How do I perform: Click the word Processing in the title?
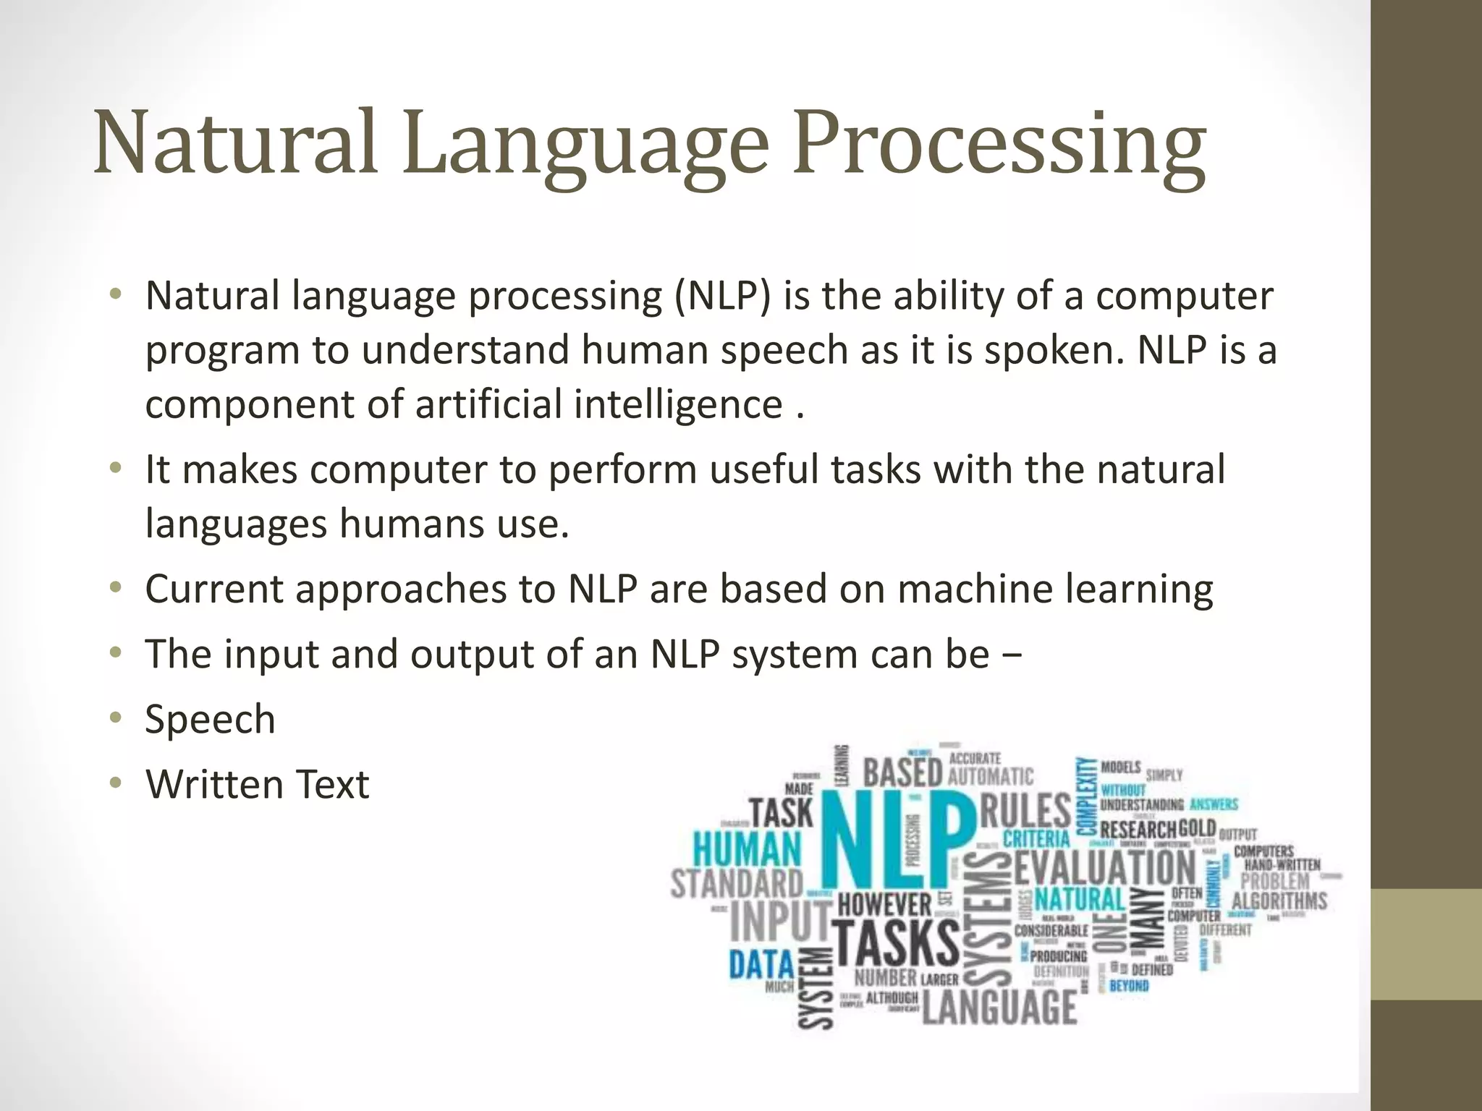(999, 145)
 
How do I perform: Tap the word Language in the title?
(585, 145)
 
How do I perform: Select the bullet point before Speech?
(115, 719)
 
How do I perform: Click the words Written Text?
(257, 784)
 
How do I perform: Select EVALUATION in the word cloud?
(1104, 868)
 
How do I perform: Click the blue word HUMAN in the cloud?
(748, 849)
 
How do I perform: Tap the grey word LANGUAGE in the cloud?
(999, 1007)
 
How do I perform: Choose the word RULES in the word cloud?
(1025, 811)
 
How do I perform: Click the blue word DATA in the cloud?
(761, 964)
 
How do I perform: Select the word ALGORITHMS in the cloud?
(1279, 901)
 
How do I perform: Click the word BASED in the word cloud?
(902, 772)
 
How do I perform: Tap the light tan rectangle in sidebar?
(1426, 945)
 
